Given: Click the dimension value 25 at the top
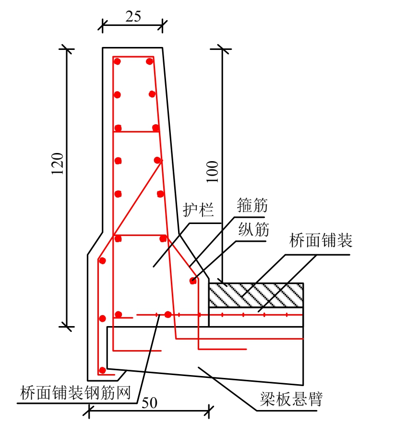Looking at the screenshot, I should coord(133,16).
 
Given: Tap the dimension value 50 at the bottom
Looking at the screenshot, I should coord(150,403).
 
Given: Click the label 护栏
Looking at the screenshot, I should coord(198,210).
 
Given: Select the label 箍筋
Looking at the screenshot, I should coord(252,206).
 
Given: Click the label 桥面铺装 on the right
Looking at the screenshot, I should coord(321,240).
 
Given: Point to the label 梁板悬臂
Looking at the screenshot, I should coord(291,399).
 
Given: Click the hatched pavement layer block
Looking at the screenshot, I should coord(256,294).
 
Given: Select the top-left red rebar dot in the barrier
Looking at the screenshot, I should coord(117,61).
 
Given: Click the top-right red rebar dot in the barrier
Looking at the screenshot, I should coord(150,61).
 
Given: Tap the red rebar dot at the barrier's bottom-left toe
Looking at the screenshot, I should coord(102,370).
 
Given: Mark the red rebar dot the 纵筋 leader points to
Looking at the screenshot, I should coord(193,281).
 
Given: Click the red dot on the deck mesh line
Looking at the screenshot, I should coord(167,315).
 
